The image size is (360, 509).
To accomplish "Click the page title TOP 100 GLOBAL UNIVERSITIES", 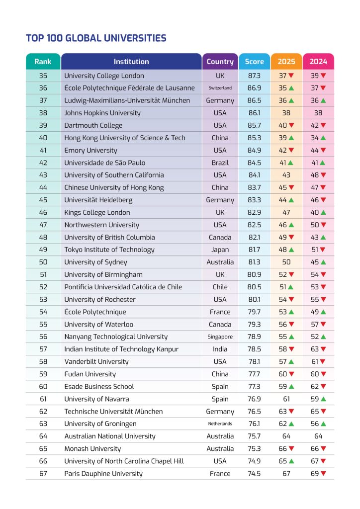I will (96, 38).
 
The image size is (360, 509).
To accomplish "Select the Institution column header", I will (131, 62).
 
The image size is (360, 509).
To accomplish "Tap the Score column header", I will (255, 62).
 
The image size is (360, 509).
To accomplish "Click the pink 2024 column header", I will (318, 62).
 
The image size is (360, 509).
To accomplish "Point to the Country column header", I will (220, 62).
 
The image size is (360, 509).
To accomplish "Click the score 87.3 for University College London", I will (255, 76).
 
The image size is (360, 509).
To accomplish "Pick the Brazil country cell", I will (220, 163).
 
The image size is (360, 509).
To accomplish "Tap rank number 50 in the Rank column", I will (43, 262).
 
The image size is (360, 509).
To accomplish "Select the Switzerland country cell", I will (220, 88).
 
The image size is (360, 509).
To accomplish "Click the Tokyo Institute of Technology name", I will (109, 250).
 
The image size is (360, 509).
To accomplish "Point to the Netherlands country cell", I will (220, 424).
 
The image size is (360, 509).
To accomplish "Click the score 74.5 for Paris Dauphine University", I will (255, 474).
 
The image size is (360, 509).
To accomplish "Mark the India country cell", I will (220, 349).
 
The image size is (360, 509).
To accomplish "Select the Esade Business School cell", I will (99, 386).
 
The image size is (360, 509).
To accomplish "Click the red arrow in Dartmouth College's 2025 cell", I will (291, 125).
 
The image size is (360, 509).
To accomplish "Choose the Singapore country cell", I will (220, 337).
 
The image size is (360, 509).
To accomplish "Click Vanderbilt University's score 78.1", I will (255, 361).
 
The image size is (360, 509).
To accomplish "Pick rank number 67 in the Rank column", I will (43, 474).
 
